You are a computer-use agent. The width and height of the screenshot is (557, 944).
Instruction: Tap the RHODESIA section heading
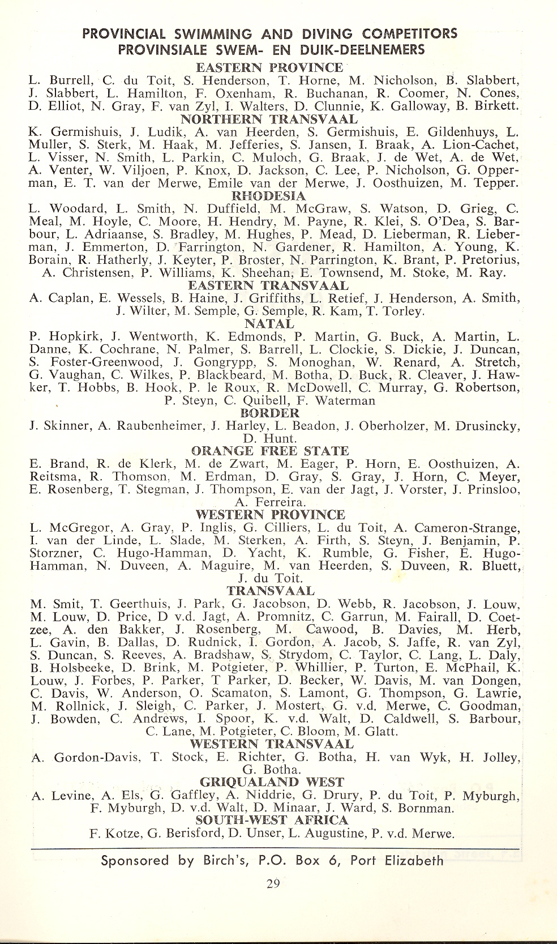pyautogui.click(x=269, y=196)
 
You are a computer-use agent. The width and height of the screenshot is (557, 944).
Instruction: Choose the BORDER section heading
pyautogui.click(x=269, y=413)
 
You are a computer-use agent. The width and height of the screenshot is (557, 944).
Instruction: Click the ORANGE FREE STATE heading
pyautogui.click(x=270, y=451)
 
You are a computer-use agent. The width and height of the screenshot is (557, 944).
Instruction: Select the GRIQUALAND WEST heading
pyautogui.click(x=272, y=782)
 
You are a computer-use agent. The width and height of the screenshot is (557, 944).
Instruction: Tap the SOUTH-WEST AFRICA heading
pyautogui.click(x=271, y=820)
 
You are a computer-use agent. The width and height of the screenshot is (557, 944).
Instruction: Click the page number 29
pyautogui.click(x=273, y=884)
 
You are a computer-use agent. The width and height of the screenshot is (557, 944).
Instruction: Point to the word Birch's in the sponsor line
pyautogui.click(x=227, y=861)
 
